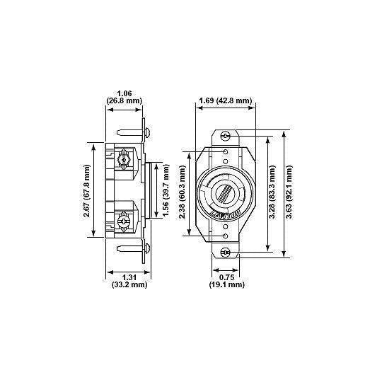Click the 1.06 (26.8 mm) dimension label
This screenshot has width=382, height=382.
click(x=125, y=96)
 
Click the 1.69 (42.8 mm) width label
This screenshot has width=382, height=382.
click(x=224, y=100)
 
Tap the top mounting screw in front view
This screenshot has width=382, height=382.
click(x=226, y=135)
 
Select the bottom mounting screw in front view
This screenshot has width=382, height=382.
click(x=226, y=253)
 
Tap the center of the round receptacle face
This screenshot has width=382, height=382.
click(x=226, y=193)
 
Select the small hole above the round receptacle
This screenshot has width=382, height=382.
click(x=226, y=151)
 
